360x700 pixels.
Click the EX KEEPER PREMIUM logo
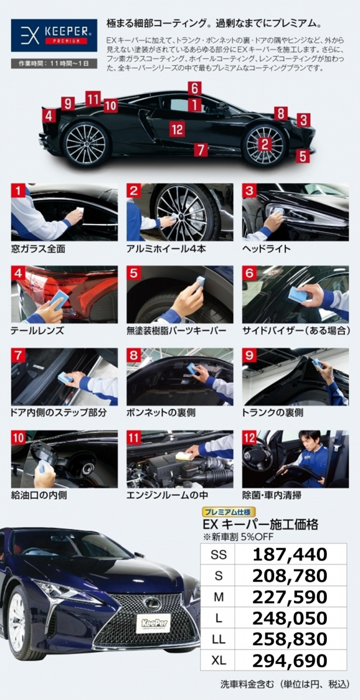click(x=54, y=36)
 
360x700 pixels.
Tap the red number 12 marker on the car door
click(x=177, y=129)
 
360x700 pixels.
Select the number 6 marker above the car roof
click(x=195, y=89)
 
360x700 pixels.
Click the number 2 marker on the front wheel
click(x=265, y=144)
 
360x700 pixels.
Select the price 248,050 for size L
click(x=289, y=618)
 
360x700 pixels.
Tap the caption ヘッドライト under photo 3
click(x=266, y=249)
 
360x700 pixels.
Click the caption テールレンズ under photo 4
click(x=37, y=331)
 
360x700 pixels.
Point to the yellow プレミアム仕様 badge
click(x=229, y=512)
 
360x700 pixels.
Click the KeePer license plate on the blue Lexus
click(x=154, y=622)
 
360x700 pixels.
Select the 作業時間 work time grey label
click(x=54, y=64)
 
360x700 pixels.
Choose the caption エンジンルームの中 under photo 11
click(x=167, y=495)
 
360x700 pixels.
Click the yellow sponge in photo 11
click(x=183, y=456)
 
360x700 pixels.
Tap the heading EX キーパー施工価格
click(x=261, y=524)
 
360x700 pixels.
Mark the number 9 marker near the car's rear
click(x=68, y=103)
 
